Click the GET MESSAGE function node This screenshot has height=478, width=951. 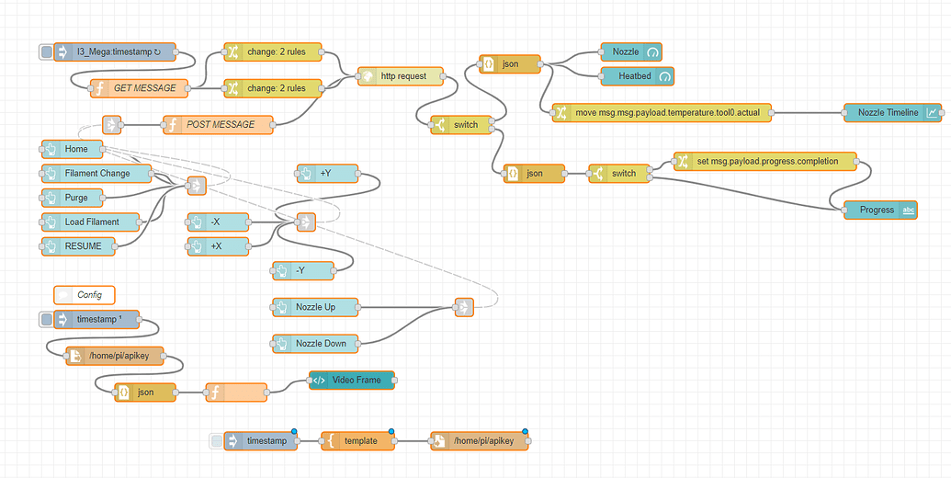[x=138, y=88]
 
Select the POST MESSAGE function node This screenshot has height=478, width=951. [x=219, y=124]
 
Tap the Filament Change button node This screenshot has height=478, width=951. [x=97, y=173]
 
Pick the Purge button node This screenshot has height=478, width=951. [x=77, y=197]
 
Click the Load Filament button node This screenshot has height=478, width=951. [x=92, y=222]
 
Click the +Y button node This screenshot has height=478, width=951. [x=326, y=172]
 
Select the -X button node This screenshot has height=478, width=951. [x=216, y=222]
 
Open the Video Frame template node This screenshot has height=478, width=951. [x=351, y=380]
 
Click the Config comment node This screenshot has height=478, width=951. [x=85, y=294]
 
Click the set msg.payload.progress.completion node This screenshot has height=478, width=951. [x=764, y=161]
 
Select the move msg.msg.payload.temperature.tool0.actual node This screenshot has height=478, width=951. [x=661, y=113]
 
